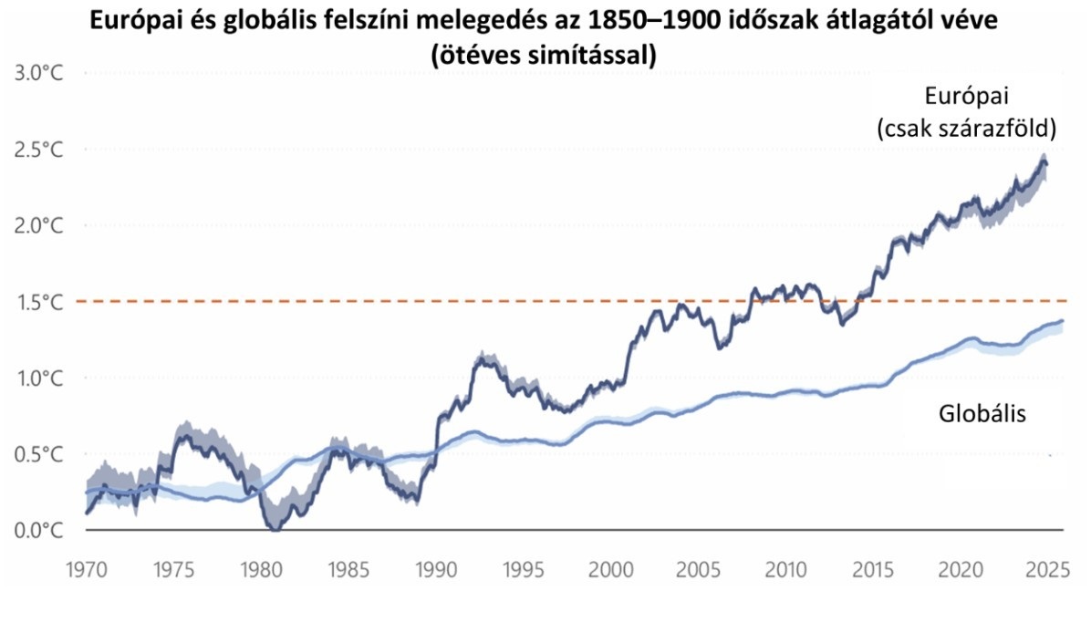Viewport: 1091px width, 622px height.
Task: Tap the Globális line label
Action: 982,414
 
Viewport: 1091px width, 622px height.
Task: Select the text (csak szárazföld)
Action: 965,129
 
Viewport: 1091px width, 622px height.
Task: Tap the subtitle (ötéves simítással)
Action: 545,53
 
